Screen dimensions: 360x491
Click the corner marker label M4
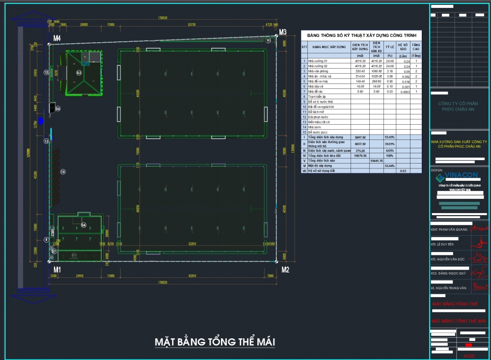pyautogui.click(x=57, y=38)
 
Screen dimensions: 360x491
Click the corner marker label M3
pyautogui.click(x=282, y=32)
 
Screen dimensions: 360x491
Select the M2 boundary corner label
pyautogui.click(x=285, y=270)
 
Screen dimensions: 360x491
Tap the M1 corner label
pyautogui.click(x=57, y=270)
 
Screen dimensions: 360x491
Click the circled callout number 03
pyautogui.click(x=79, y=72)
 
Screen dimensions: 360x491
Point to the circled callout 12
pyautogui.click(x=46, y=72)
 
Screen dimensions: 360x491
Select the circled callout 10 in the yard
pyautogui.click(x=63, y=172)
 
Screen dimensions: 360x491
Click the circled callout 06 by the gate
pyautogui.click(x=57, y=109)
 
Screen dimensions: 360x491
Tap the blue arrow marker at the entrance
pyautogui.click(x=41, y=120)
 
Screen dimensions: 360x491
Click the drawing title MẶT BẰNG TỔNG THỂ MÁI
pyautogui.click(x=215, y=341)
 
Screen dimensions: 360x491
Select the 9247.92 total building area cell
pyautogui.click(x=360, y=137)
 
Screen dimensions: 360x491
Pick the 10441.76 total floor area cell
pyautogui.click(x=377, y=160)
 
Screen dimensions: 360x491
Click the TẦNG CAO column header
pyautogui.click(x=415, y=47)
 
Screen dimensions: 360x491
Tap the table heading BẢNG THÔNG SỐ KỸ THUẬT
pyautogui.click(x=361, y=35)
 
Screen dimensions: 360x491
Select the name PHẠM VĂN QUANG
pyautogui.click(x=449, y=229)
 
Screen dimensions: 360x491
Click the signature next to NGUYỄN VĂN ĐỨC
pyautogui.click(x=477, y=257)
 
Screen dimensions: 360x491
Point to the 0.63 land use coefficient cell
pyautogui.click(x=403, y=170)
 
